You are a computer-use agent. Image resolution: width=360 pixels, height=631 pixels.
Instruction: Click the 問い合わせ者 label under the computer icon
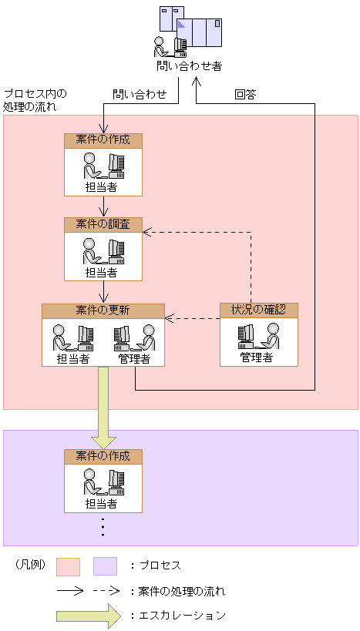pyautogui.click(x=189, y=66)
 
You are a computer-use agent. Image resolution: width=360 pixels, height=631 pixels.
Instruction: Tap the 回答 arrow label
pyautogui.click(x=246, y=95)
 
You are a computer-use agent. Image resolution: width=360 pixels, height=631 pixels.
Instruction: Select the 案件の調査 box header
pyautogui.click(x=103, y=225)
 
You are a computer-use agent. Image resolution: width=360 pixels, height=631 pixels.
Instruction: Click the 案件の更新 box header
pyautogui.click(x=103, y=310)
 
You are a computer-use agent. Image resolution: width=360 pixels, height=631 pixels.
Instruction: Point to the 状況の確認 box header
pyautogui.click(x=259, y=310)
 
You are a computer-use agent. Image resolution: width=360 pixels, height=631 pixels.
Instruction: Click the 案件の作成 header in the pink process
pyautogui.click(x=103, y=140)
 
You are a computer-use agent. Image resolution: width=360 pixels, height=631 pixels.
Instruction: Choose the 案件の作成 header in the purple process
pyautogui.click(x=103, y=456)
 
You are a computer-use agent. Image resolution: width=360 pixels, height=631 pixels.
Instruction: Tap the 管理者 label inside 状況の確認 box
pyautogui.click(x=257, y=357)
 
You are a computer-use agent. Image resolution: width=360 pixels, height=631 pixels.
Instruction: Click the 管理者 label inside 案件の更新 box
pyautogui.click(x=134, y=358)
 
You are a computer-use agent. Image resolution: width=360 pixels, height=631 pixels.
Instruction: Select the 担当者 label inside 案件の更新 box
pyautogui.click(x=73, y=358)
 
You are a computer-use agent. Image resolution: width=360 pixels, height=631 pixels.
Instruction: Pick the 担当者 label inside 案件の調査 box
pyautogui.click(x=101, y=273)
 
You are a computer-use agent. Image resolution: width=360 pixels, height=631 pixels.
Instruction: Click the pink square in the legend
pyautogui.click(x=68, y=566)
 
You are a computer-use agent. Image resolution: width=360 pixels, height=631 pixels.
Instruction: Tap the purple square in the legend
pyautogui.click(x=105, y=566)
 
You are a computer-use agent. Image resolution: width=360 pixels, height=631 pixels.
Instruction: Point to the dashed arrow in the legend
pyautogui.click(x=106, y=591)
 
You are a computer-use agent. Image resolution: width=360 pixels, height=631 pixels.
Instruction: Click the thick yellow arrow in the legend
pyautogui.click(x=89, y=616)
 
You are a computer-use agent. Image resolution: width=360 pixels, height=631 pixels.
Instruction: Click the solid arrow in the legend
pyautogui.click(x=70, y=591)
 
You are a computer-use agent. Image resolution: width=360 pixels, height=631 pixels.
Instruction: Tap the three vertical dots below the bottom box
pyautogui.click(x=103, y=527)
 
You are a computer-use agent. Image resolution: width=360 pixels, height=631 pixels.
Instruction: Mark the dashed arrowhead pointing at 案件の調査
pyautogui.click(x=147, y=232)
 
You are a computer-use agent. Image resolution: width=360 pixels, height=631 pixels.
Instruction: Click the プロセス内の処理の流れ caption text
pyautogui.click(x=35, y=101)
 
